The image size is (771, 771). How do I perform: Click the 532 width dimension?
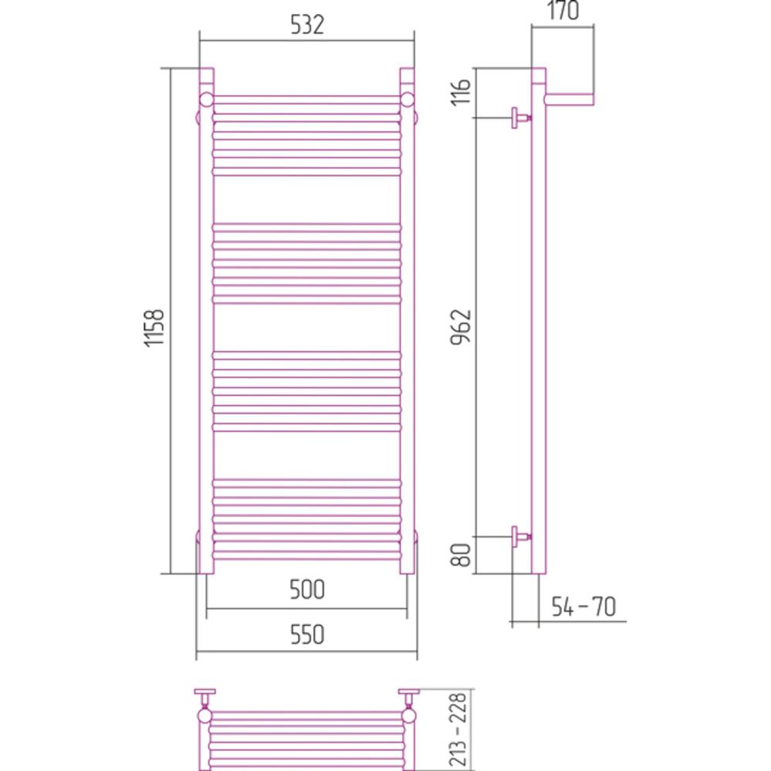[307, 25]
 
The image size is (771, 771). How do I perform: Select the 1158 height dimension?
[154, 328]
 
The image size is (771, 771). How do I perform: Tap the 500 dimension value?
[307, 589]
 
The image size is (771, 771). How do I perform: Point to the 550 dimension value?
[307, 634]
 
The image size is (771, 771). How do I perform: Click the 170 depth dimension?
[563, 10]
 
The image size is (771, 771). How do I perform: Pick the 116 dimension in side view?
[462, 92]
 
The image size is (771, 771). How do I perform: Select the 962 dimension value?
[462, 327]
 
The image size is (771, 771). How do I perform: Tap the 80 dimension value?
[462, 555]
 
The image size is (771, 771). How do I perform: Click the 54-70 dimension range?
[583, 607]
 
